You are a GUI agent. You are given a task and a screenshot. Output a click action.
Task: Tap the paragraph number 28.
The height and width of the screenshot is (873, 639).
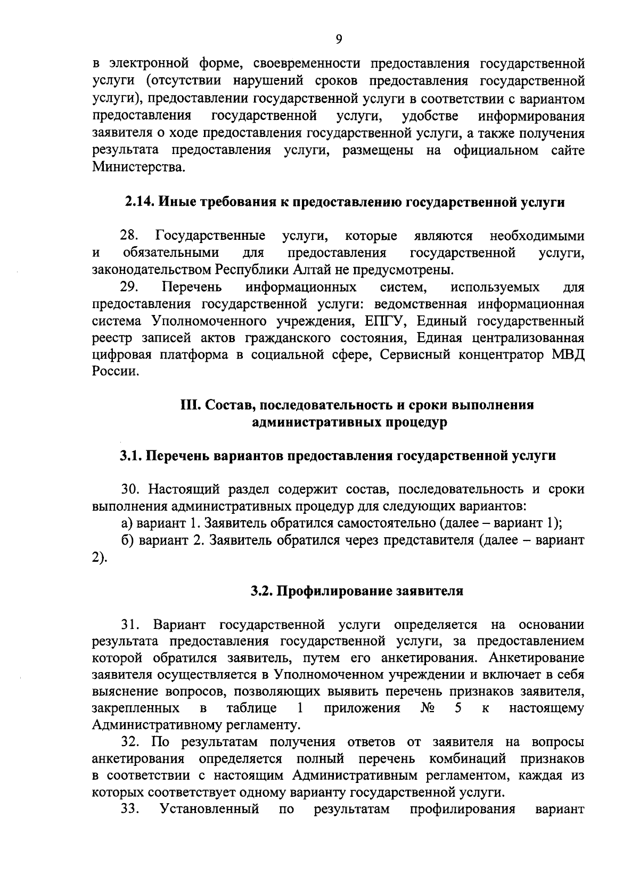[x=130, y=236]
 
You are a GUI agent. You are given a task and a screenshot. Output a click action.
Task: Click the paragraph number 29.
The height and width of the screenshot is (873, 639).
[x=130, y=287]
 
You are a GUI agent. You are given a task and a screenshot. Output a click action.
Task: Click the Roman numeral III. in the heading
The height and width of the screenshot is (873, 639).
[x=191, y=405]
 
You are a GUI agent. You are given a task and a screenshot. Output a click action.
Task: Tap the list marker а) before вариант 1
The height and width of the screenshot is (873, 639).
[x=126, y=523]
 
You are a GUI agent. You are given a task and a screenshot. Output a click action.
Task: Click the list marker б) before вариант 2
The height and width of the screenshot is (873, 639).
[x=127, y=540]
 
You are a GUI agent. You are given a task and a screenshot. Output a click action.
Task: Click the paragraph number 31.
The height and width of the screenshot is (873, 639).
[x=131, y=624]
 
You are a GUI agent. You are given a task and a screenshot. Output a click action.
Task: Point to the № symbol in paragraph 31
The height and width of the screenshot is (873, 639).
[x=428, y=709]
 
